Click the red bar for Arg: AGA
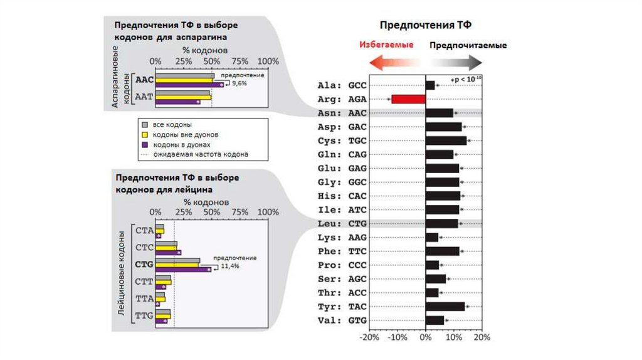408,99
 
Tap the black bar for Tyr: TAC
445,306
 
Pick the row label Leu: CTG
342,223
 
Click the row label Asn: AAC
342,113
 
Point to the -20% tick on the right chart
370,337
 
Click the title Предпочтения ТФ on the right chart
426,25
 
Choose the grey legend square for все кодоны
144,124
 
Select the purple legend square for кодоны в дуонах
144,144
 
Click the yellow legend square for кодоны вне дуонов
144,134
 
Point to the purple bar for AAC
189,85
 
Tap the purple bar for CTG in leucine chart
183,270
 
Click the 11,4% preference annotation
229,266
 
